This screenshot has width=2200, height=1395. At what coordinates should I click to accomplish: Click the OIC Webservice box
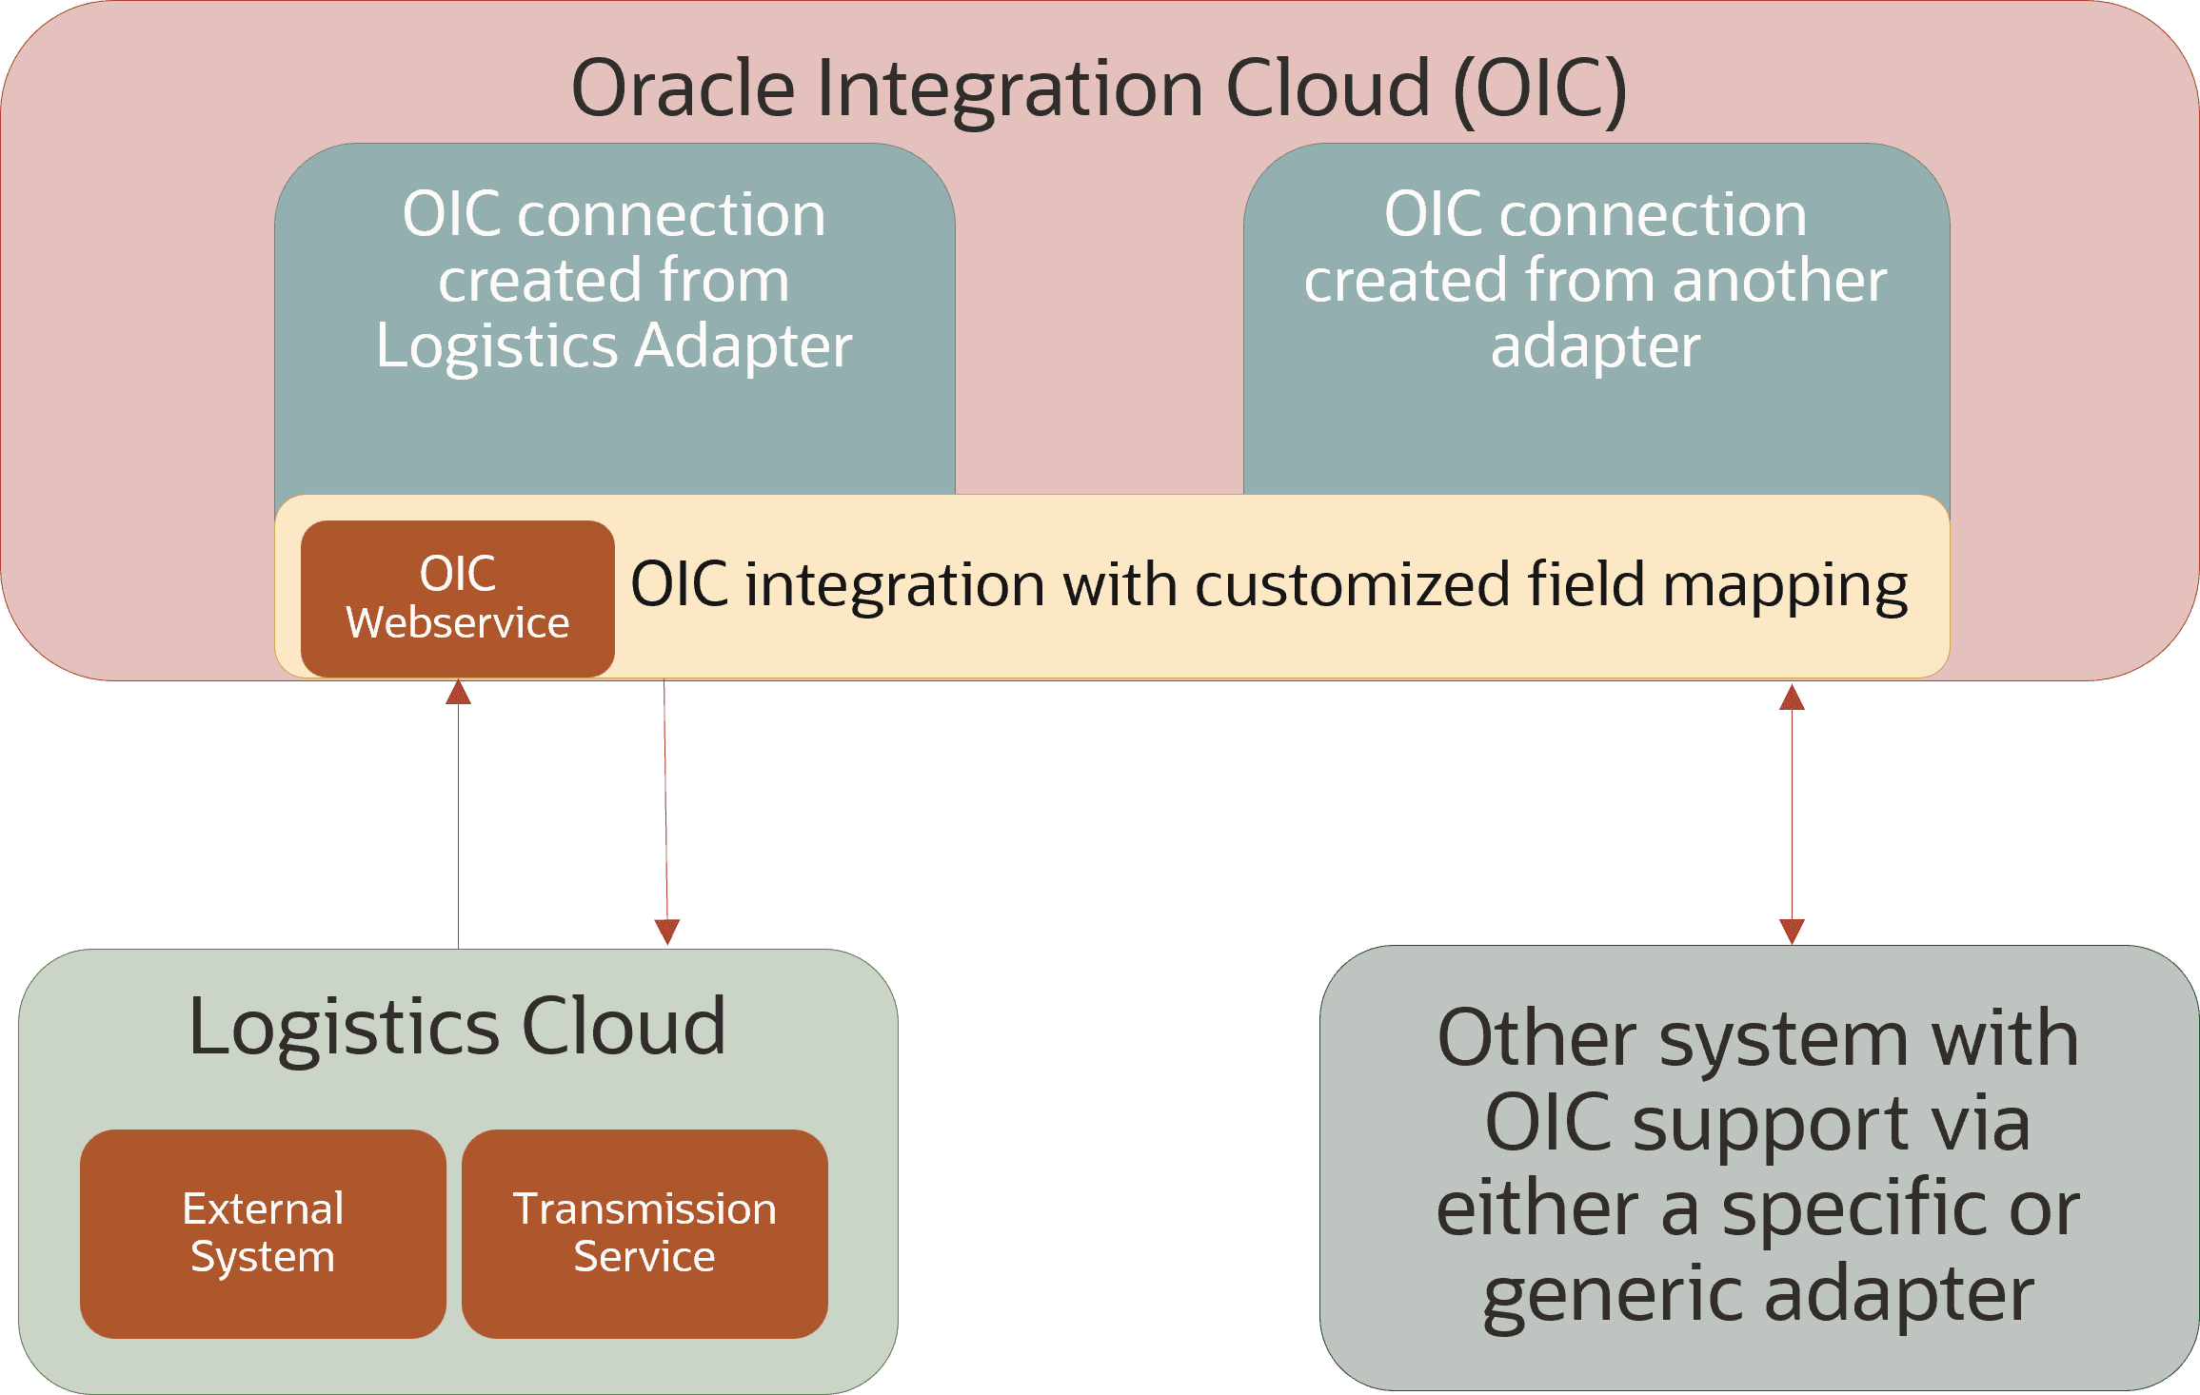click(457, 599)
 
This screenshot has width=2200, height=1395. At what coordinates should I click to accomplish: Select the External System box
click(263, 1233)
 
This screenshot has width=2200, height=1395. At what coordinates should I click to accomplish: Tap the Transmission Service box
click(644, 1233)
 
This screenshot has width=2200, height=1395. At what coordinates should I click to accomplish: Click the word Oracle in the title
click(683, 88)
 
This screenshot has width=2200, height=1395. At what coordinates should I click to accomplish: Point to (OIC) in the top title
click(1539, 88)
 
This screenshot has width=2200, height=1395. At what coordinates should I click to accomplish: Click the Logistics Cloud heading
click(457, 1028)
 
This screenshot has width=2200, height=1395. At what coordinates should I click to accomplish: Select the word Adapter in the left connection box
click(743, 345)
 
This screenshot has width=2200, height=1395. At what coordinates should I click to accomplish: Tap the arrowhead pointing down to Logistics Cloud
click(667, 931)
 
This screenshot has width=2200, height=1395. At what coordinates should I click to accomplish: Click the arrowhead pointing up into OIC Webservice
click(458, 693)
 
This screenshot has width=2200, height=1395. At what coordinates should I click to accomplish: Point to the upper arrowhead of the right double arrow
click(1792, 698)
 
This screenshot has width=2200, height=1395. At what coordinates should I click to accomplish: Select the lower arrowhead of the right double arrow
click(1792, 930)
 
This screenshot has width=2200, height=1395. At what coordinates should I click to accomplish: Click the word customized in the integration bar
click(1351, 584)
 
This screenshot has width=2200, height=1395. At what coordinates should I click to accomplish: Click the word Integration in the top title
click(1009, 88)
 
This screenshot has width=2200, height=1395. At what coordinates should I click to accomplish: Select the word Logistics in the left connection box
click(495, 345)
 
